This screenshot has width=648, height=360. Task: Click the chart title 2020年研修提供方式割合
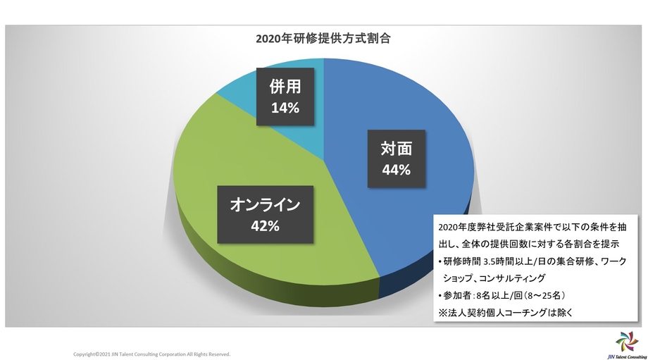(323, 39)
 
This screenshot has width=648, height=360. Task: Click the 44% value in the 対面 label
(397, 170)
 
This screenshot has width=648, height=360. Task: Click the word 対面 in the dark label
(397, 149)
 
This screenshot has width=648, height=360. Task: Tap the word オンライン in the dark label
(266, 205)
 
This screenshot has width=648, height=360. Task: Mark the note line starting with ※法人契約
(508, 312)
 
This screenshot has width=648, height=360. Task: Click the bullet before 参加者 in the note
(440, 295)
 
